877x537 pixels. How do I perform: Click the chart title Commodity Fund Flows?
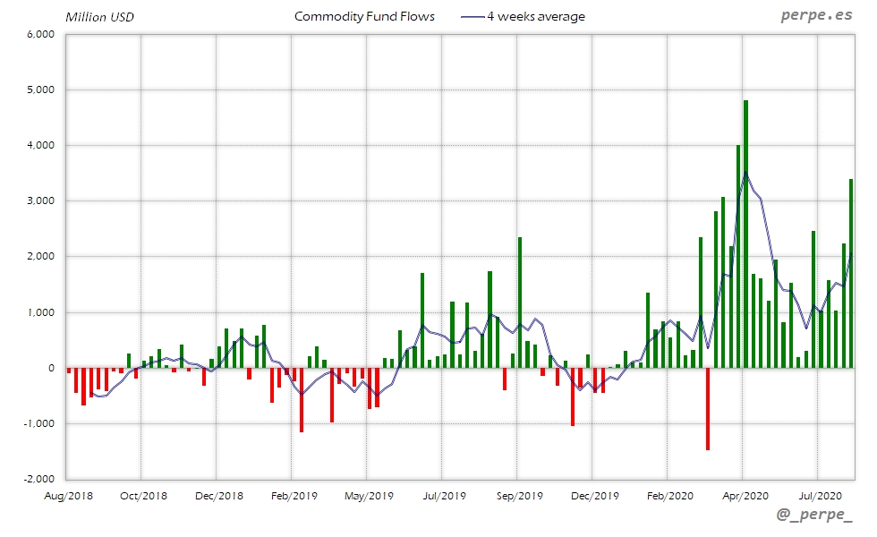[364, 16]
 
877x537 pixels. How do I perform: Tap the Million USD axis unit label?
[100, 17]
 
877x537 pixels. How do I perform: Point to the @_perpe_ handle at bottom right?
[814, 515]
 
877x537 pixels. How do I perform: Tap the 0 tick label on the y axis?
[53, 368]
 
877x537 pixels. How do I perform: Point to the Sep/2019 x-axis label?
[518, 495]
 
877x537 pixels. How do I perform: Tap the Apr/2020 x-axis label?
[744, 495]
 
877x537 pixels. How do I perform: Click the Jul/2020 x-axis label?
[818, 495]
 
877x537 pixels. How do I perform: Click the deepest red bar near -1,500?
[707, 408]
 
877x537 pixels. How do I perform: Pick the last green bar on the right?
[851, 273]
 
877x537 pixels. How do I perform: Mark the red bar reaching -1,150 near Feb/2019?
[302, 400]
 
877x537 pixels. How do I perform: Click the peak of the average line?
[745, 173]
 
